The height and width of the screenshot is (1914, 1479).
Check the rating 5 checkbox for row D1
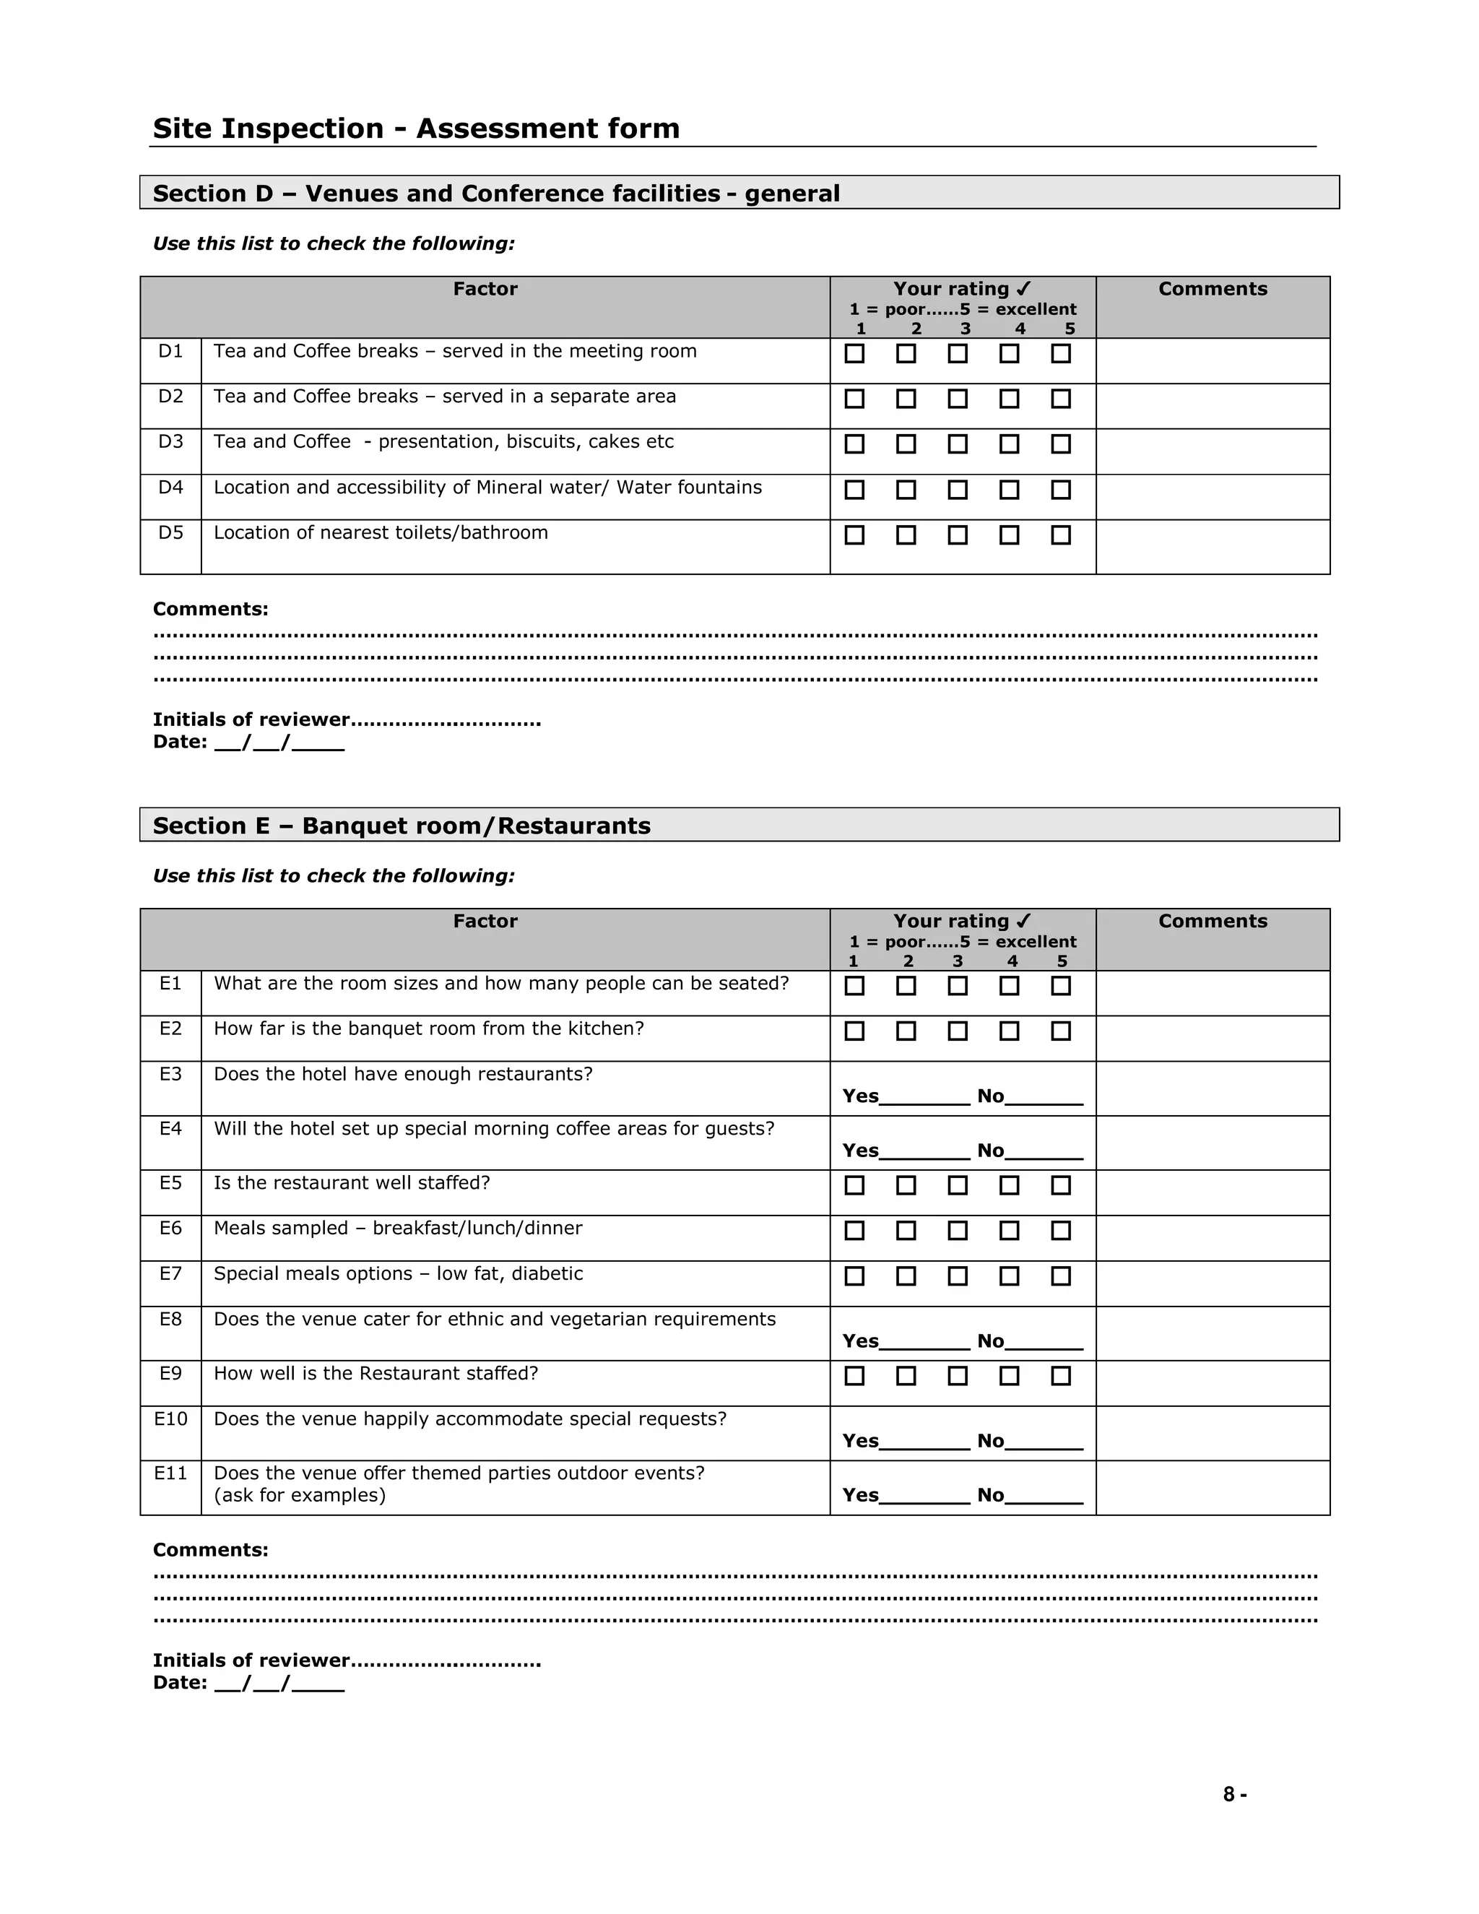tap(1060, 353)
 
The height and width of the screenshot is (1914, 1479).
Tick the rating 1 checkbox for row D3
tap(854, 444)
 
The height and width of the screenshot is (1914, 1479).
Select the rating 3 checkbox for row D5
tap(958, 534)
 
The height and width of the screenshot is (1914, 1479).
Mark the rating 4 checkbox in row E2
tap(1010, 1031)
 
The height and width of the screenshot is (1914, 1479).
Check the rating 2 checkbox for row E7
tap(906, 1276)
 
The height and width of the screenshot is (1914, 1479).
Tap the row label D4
tap(171, 488)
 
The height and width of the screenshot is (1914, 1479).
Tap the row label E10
tap(171, 1419)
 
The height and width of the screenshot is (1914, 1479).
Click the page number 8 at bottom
tap(1229, 1794)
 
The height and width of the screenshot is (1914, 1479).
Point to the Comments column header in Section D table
tap(1213, 289)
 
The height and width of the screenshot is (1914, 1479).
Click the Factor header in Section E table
tap(485, 921)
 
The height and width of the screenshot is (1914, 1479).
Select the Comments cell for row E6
tap(1213, 1237)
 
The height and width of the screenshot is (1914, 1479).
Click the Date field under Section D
tap(279, 743)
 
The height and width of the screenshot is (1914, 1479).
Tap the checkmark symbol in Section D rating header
tap(1023, 289)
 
